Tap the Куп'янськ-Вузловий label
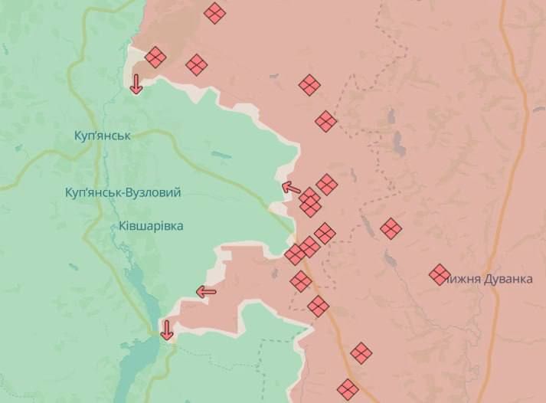(123, 192)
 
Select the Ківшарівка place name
(152, 226)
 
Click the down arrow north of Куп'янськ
(136, 84)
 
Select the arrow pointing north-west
(291, 186)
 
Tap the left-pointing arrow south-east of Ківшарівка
(206, 291)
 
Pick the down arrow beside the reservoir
(166, 330)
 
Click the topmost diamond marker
(214, 12)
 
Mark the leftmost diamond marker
(155, 57)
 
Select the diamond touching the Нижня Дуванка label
(440, 274)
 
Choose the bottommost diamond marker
(348, 389)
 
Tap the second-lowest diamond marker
(361, 353)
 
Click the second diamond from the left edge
(197, 65)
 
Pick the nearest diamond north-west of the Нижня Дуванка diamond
(391, 228)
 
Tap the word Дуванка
(507, 278)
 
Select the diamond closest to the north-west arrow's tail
(309, 197)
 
